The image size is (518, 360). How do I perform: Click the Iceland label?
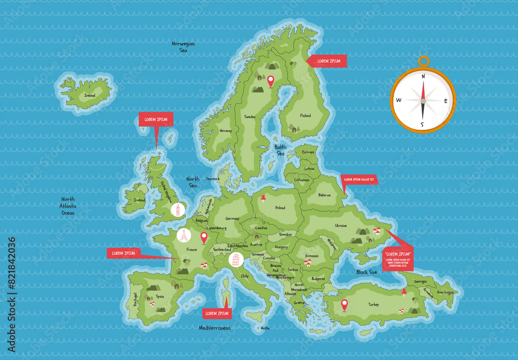90,96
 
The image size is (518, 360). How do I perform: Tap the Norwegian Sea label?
183,47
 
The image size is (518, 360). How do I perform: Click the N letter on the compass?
423,76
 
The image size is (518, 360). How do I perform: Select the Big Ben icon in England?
178,210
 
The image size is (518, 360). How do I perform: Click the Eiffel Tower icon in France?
183,236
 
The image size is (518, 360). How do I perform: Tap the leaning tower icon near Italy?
236,260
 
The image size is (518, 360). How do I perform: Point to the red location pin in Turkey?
344,305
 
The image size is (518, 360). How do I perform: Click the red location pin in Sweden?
270,81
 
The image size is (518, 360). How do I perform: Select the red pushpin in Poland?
263,198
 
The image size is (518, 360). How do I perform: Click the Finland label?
306,116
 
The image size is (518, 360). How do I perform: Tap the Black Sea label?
366,272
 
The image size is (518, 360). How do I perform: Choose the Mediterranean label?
215,328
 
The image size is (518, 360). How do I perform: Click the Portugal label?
136,299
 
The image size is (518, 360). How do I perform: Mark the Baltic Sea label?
280,150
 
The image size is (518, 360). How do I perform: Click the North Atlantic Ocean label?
68,206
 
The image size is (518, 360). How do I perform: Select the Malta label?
265,328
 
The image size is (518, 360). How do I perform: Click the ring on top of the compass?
424,61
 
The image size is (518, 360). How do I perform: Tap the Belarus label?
325,195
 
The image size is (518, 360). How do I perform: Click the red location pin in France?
204,238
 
